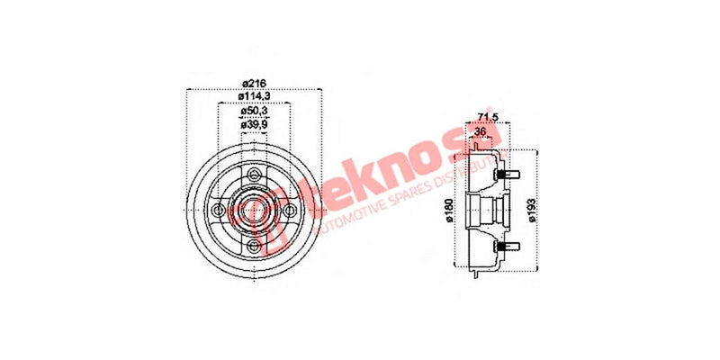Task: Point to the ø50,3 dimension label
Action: tap(253, 112)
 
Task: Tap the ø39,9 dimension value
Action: tap(253, 125)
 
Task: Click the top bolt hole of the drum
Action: tap(253, 174)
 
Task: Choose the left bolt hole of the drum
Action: tap(216, 211)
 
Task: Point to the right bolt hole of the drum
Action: tap(290, 211)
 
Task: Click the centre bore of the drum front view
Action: tap(253, 211)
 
